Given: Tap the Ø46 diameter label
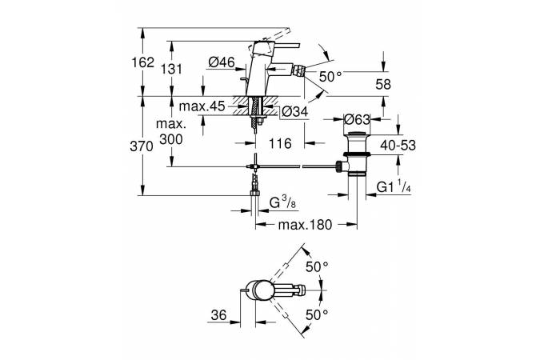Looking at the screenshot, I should [221, 61].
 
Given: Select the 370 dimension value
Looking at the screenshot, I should [154, 146].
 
